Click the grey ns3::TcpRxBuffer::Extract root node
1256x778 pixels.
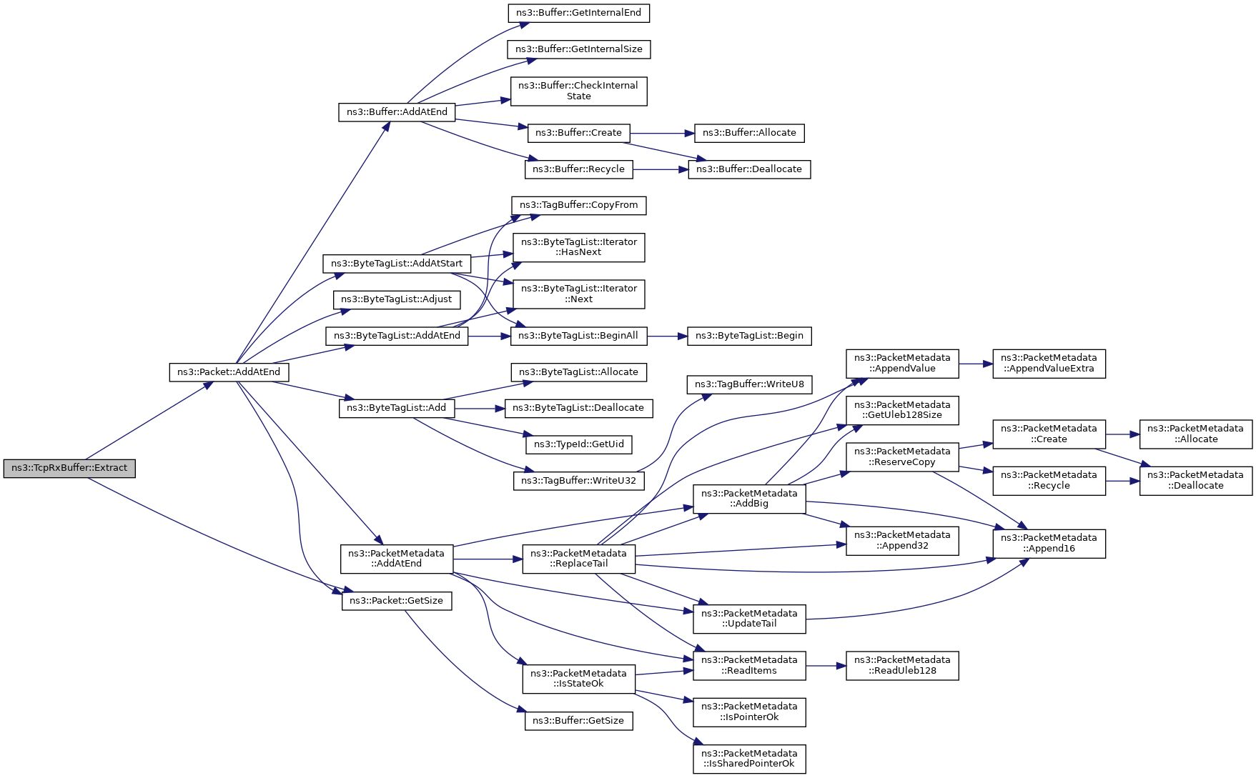coord(69,469)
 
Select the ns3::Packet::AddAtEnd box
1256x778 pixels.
coord(229,372)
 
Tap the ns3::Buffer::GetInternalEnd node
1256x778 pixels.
coord(579,13)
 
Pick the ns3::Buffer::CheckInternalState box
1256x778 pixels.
coord(579,91)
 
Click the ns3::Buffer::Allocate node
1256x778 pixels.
coord(749,133)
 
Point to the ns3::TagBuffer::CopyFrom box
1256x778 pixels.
coord(579,206)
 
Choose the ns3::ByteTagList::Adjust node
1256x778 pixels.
coord(397,299)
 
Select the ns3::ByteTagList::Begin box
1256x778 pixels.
coord(749,336)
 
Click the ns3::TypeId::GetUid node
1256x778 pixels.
coord(579,444)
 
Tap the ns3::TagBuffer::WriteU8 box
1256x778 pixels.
coord(749,384)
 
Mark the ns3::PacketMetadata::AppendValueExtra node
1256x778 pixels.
coord(1049,364)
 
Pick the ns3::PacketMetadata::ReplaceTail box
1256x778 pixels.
coord(579,559)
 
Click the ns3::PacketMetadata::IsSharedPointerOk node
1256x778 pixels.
coord(749,759)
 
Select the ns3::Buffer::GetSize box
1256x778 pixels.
coord(579,721)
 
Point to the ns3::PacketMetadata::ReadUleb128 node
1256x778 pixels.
coord(902,665)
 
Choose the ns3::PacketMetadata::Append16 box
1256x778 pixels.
coord(1049,544)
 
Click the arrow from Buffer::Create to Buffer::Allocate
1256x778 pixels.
coord(662,133)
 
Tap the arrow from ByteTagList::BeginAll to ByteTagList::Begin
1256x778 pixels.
coord(667,336)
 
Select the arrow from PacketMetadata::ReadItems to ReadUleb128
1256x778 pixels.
coord(826,666)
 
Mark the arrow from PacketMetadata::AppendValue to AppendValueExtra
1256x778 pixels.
coord(976,364)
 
